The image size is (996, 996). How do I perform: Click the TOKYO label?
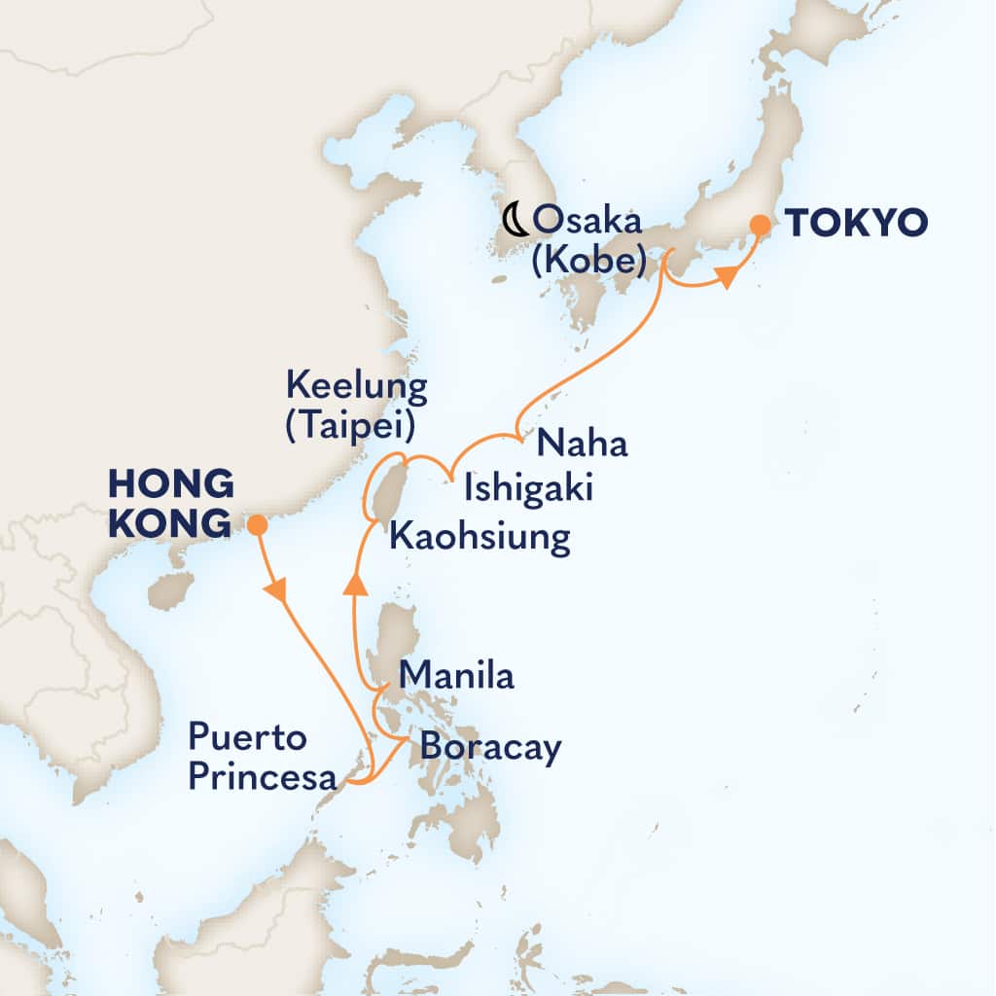(x=856, y=224)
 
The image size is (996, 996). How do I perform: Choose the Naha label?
(x=583, y=444)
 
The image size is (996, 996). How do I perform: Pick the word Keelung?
(x=356, y=387)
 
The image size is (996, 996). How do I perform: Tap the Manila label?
(x=456, y=676)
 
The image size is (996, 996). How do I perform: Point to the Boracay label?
(x=491, y=747)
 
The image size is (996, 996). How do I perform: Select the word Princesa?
(x=263, y=778)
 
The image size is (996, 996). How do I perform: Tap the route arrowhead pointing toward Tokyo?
(x=725, y=279)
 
